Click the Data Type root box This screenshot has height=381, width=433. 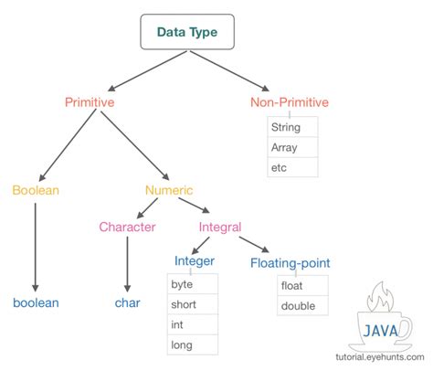click(x=195, y=32)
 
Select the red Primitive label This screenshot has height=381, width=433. click(x=89, y=102)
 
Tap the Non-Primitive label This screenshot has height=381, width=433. click(x=290, y=102)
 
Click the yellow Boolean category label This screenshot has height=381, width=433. click(x=35, y=190)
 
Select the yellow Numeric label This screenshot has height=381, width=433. click(x=169, y=190)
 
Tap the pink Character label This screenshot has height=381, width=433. click(x=127, y=227)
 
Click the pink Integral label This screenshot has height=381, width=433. click(x=221, y=227)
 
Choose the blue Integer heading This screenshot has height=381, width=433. click(x=194, y=263)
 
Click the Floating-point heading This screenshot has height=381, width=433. click(x=290, y=263)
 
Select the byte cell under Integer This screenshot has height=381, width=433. click(x=194, y=284)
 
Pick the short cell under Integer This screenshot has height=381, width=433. click(x=194, y=304)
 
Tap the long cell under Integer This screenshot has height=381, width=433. click(x=194, y=345)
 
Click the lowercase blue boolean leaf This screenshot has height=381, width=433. click(x=36, y=302)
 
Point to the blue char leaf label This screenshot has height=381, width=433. click(x=127, y=302)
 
